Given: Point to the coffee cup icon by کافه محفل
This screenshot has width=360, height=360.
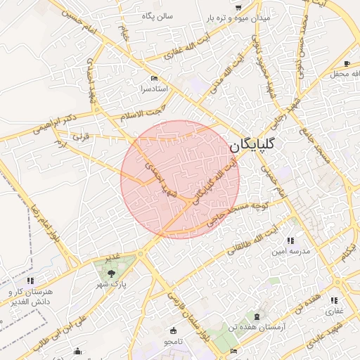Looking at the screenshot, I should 347,64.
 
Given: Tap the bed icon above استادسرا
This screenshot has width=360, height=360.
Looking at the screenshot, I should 154,78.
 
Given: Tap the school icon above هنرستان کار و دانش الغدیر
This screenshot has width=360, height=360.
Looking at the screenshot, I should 30,281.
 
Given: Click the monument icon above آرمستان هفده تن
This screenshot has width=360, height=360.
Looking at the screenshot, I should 257,317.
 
